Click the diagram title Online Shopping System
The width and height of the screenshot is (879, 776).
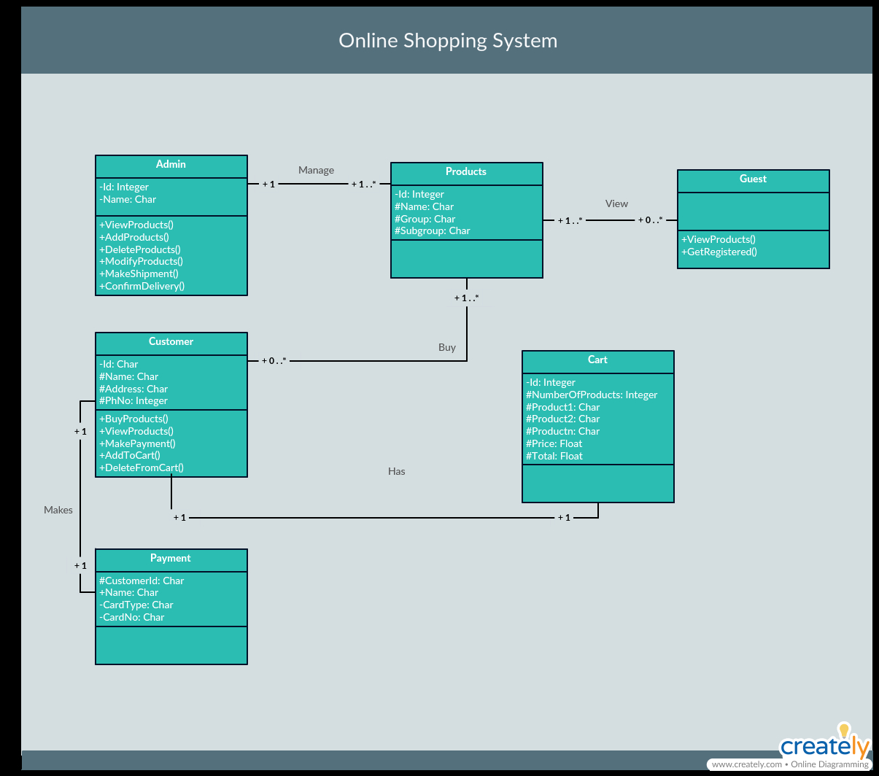coord(448,41)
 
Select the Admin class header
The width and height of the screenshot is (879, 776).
coord(171,164)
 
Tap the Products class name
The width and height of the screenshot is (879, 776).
coord(466,172)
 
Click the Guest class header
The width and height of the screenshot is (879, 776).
coord(753,179)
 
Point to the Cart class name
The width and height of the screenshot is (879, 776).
coord(597,360)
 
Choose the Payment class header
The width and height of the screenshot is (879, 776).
coord(171,558)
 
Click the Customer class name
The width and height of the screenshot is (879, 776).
coord(171,341)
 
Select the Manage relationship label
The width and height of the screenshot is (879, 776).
coord(316,171)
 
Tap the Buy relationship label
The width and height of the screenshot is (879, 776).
coord(447,347)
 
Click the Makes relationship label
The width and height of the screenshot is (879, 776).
coord(58,510)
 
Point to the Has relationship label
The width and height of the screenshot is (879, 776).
coord(397,471)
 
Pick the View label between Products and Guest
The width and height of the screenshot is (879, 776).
coord(616,204)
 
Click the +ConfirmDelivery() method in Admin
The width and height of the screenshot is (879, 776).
coord(142,287)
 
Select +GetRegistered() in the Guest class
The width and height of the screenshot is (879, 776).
coord(719,252)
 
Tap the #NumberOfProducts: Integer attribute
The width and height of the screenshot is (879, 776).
coord(592,395)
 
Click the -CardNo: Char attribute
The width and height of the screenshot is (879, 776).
coord(132,617)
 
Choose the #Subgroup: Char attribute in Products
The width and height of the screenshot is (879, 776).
coord(432,230)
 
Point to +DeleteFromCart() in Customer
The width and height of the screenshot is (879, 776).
coord(142,467)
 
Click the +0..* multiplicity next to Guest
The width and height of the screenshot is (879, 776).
coord(650,220)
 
